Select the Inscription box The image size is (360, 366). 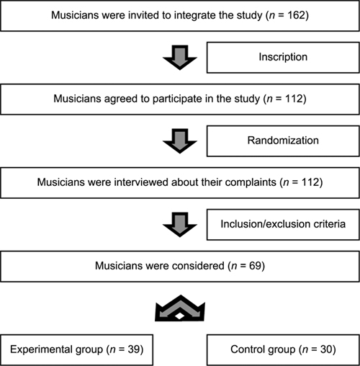point(283,58)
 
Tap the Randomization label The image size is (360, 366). point(283,140)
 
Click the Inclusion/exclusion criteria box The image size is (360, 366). point(283,225)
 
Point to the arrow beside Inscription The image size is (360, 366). point(180,58)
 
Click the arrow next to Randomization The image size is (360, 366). point(180,141)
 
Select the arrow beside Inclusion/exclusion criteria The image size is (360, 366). point(180,225)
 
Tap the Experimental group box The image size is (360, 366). point(76,350)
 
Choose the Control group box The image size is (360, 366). point(283,350)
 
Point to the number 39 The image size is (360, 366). point(134,349)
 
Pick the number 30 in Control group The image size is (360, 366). point(326,349)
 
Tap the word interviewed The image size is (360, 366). point(142,182)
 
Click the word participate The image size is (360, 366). point(177,99)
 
